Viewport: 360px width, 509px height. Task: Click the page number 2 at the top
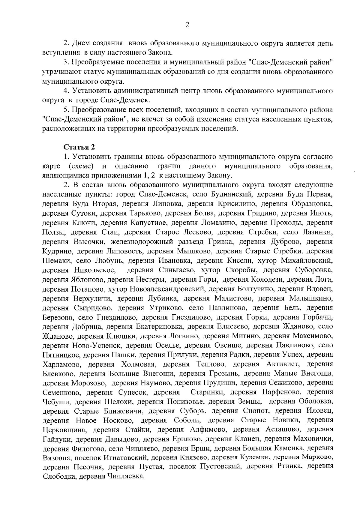tap(187, 25)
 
